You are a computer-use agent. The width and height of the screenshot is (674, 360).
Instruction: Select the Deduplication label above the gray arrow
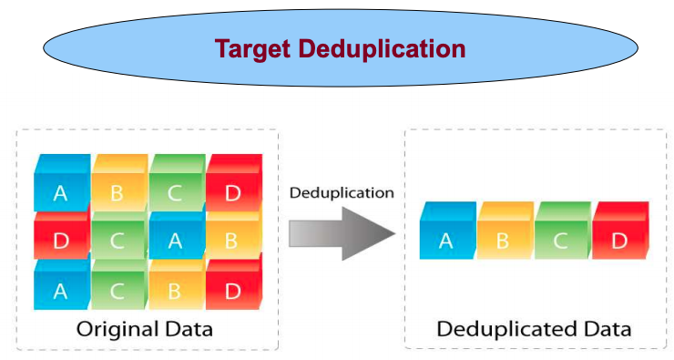342,193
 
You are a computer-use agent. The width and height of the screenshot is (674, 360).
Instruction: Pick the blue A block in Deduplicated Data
446,240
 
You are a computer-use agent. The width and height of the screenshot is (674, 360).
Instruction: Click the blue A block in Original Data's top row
60,192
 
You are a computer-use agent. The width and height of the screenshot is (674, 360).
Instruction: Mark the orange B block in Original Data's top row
117,192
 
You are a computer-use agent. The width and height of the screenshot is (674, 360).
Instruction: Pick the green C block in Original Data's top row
174,192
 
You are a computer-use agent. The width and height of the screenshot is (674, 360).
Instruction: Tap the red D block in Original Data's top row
231,192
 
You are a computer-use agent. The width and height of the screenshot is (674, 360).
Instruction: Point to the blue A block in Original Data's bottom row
60,291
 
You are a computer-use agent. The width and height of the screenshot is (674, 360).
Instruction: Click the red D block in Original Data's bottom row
231,291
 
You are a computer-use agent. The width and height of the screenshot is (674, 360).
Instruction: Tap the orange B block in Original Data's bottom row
174,291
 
